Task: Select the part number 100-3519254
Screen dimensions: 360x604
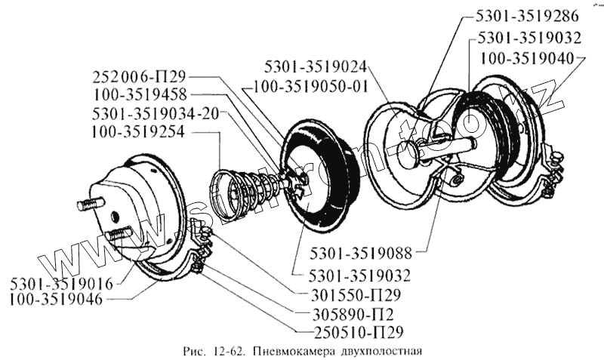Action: pyautogui.click(x=140, y=131)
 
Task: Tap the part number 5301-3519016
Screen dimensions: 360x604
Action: pyautogui.click(x=62, y=284)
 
